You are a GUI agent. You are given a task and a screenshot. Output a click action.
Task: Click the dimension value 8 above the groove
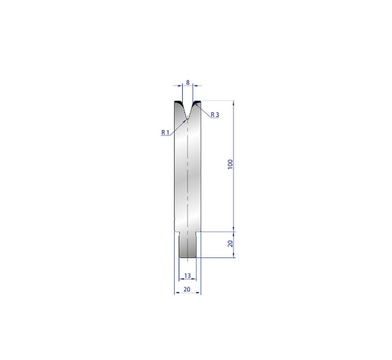tap(188, 82)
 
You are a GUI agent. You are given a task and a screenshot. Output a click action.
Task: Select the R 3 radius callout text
tap(215, 115)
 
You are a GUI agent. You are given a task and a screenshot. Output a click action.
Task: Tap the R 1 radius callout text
tap(165, 132)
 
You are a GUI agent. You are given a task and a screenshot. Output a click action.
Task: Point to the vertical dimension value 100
tap(230, 164)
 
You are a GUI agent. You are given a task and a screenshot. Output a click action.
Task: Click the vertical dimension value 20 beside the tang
tap(230, 244)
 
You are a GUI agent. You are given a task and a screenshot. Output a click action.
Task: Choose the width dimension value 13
tap(188, 275)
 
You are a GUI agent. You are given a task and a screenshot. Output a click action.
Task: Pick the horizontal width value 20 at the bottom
tap(187, 289)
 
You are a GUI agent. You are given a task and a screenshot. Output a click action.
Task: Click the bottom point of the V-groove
tap(188, 118)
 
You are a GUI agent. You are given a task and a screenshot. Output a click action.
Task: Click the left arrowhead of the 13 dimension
tap(181, 279)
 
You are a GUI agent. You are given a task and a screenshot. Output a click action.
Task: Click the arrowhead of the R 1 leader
tap(186, 119)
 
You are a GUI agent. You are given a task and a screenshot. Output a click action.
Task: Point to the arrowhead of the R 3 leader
tap(196, 103)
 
